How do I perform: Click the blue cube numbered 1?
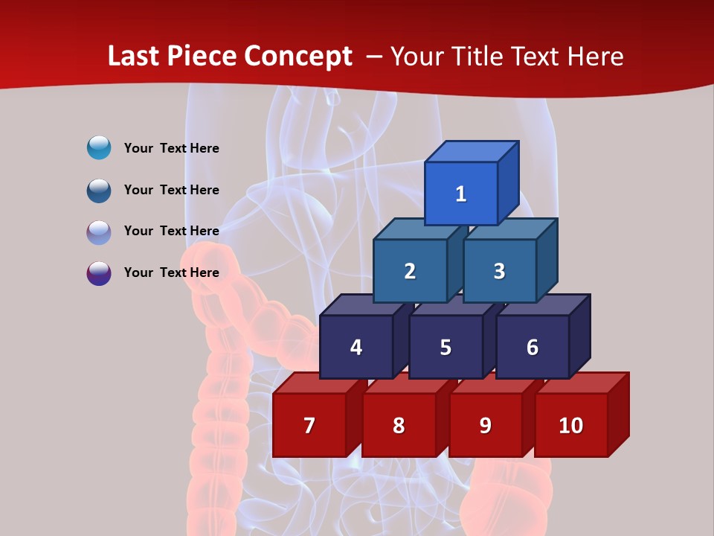click(x=461, y=194)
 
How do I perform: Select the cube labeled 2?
click(x=410, y=271)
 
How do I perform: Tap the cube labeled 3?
click(x=499, y=271)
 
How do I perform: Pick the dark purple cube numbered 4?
click(x=356, y=347)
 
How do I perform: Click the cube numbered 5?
click(x=446, y=347)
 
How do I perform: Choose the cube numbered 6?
click(x=533, y=347)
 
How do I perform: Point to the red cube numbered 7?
click(x=309, y=425)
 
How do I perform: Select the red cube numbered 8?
click(x=399, y=425)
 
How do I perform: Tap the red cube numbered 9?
click(x=485, y=425)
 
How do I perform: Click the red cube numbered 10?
click(x=571, y=425)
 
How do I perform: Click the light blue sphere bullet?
click(x=99, y=148)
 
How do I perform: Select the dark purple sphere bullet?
click(x=99, y=272)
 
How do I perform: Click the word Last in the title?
click(x=135, y=56)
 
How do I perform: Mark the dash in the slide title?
click(x=376, y=56)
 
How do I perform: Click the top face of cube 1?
click(x=472, y=152)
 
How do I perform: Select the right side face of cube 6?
click(x=579, y=336)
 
